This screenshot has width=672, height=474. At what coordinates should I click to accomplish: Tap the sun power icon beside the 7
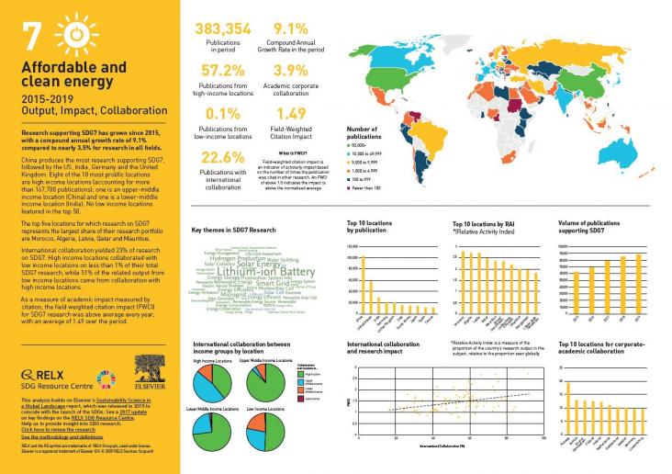pyautogui.click(x=80, y=34)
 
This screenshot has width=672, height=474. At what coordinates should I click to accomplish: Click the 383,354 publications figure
pyautogui.click(x=222, y=29)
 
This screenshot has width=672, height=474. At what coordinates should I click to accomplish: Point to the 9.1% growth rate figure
pyautogui.click(x=290, y=29)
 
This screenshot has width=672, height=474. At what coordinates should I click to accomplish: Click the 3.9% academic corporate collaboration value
pyautogui.click(x=290, y=71)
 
